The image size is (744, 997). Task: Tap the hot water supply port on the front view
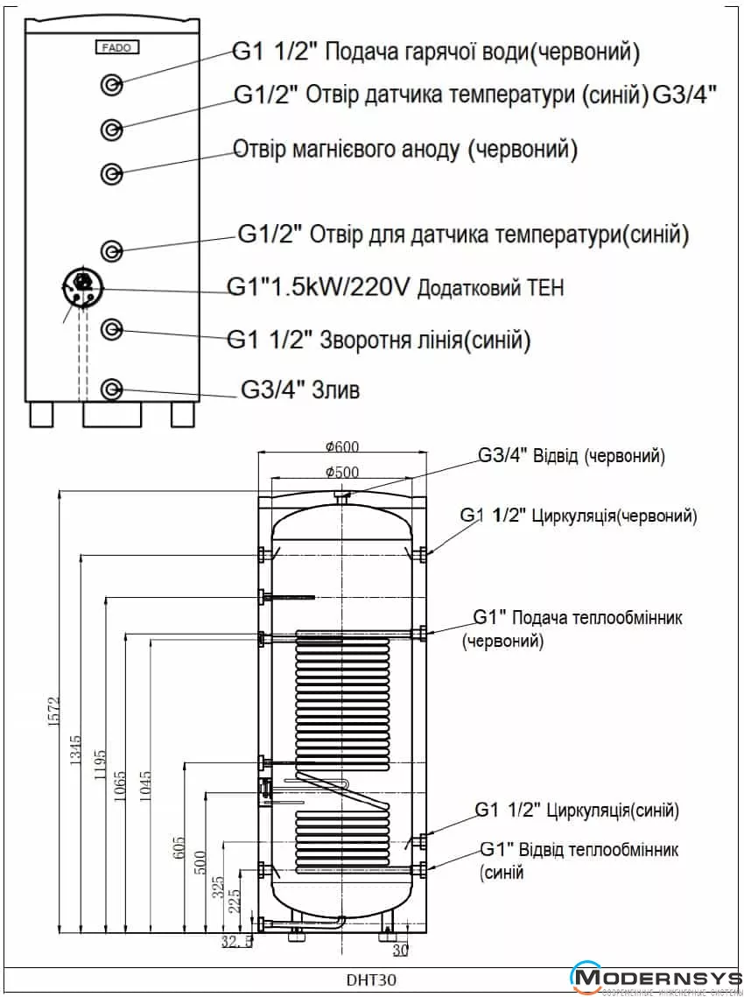112,84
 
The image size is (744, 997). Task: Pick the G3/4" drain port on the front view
112,389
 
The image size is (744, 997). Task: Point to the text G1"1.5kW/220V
318,287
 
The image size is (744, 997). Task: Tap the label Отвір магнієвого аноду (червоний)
405,151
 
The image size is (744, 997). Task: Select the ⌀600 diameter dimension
341,446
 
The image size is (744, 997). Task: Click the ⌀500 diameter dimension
341,472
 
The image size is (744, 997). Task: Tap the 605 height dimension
179,848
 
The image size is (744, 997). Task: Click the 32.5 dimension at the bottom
235,942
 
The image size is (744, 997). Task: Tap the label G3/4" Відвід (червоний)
571,457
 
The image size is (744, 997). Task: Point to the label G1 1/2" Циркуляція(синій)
577,811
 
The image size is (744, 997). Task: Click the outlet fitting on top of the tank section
341,496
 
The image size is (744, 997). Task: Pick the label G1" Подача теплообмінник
578,618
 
